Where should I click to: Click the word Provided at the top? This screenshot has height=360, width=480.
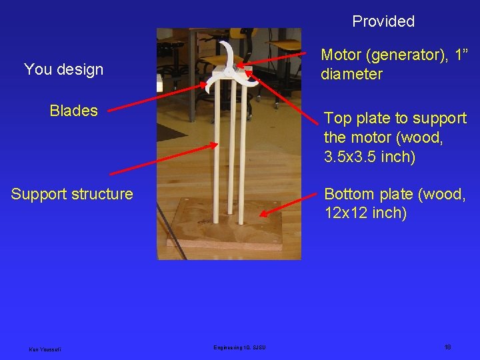click(383, 21)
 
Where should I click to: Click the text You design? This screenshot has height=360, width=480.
click(63, 69)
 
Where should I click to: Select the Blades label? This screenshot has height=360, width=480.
click(73, 111)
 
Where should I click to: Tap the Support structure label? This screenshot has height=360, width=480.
click(72, 194)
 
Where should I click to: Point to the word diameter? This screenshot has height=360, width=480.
click(351, 74)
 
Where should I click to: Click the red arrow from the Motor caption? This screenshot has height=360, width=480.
click(280, 59)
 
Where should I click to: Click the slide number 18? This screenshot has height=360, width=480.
click(447, 347)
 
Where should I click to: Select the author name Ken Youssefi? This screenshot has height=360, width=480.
click(45, 348)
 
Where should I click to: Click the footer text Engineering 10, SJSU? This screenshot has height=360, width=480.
click(239, 347)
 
